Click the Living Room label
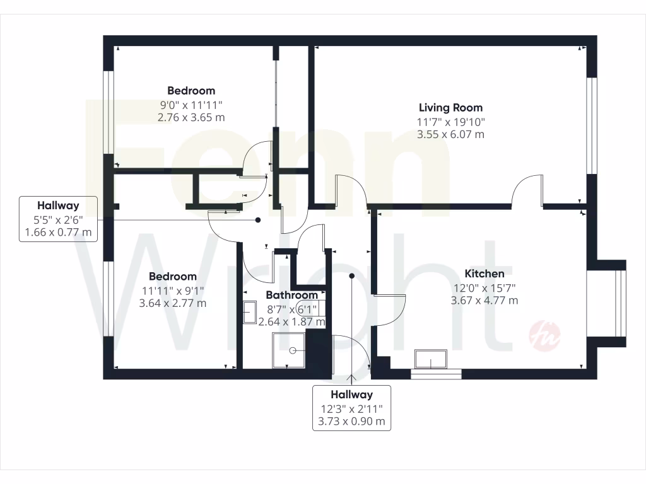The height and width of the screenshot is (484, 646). point(450,108)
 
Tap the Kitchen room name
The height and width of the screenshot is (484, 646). point(484,274)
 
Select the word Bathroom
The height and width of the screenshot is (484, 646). point(291,295)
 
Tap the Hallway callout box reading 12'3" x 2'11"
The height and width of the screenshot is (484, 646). point(352,408)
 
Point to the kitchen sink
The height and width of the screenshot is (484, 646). point(431,359)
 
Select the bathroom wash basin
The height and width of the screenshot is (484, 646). point(250,312)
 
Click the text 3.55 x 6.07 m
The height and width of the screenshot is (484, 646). point(450,134)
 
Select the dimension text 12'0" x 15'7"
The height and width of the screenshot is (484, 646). point(484,287)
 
